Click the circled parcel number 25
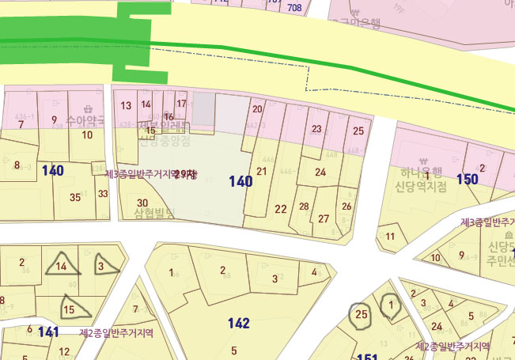point(362,315)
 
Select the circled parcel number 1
point(391,305)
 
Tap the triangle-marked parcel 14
point(62,267)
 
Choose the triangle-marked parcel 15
point(69,309)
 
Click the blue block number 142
point(238,323)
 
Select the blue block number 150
point(467,179)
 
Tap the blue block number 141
point(48,332)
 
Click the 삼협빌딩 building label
point(154,213)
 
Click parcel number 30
point(142,203)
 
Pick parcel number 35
point(75,197)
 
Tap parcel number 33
point(103,193)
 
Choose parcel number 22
point(281,209)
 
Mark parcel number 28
point(305,207)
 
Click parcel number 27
point(324,218)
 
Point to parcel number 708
point(295,8)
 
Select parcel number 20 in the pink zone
point(256,109)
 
